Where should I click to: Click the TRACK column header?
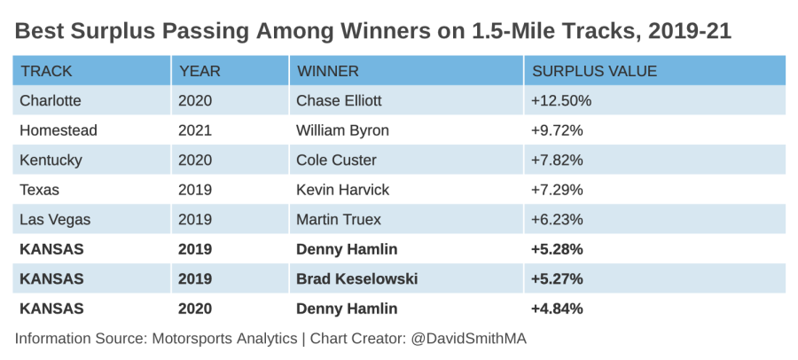point(46,71)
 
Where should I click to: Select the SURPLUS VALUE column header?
point(594,71)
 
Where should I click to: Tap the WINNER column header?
point(328,71)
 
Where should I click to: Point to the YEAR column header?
point(200,71)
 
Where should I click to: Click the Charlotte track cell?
point(51,100)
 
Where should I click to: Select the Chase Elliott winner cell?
point(339,100)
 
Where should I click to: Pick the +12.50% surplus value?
point(561,100)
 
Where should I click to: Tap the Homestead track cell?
point(59,130)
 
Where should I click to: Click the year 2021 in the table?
point(195,130)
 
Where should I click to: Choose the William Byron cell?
point(342,130)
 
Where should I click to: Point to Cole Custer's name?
point(336,160)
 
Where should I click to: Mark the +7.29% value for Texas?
point(557,190)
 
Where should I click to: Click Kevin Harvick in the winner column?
point(342,190)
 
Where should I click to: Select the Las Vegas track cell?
point(55,220)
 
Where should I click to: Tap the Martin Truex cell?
point(339,220)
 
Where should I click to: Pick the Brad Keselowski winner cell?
point(356,279)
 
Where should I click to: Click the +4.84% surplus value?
point(558,309)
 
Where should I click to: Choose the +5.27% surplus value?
point(558,279)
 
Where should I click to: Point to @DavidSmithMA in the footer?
point(468,339)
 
